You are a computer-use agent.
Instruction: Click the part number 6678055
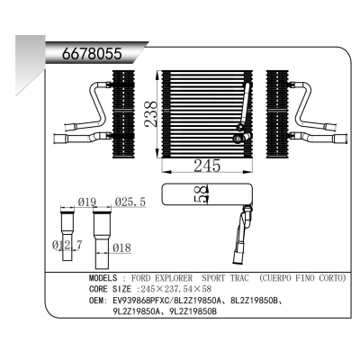coord(90,53)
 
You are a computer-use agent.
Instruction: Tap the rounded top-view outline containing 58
coord(207,193)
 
